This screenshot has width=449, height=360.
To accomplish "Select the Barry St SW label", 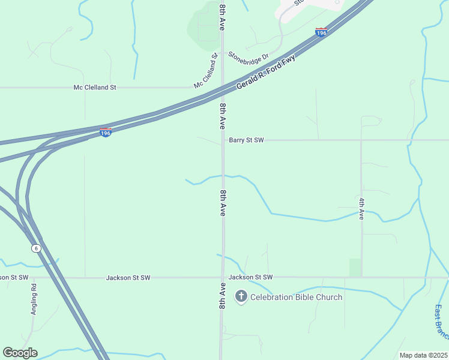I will point(246,140).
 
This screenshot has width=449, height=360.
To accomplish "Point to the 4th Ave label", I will point(361,208).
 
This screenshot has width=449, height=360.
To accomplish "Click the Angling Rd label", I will point(34,299).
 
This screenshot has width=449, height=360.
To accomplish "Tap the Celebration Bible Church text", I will point(296,297).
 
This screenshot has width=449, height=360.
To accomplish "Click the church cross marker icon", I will point(241,296).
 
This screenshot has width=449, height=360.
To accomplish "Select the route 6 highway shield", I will point(36,248).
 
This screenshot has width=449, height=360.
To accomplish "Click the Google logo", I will point(20,353).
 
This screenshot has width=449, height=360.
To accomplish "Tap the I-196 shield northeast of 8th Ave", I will point(321,33).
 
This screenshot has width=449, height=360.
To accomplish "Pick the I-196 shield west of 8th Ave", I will point(105,133).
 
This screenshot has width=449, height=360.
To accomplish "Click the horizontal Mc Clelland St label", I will point(95,88).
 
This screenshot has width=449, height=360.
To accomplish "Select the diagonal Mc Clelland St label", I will point(205,71).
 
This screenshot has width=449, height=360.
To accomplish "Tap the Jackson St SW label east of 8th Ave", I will point(251,277).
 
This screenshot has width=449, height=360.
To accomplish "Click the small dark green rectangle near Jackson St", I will point(355,268).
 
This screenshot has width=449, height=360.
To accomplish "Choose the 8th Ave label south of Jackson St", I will point(222,296).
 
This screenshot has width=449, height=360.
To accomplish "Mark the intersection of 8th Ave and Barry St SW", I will point(222,140).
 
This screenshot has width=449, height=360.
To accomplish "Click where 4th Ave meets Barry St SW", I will point(361,140).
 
